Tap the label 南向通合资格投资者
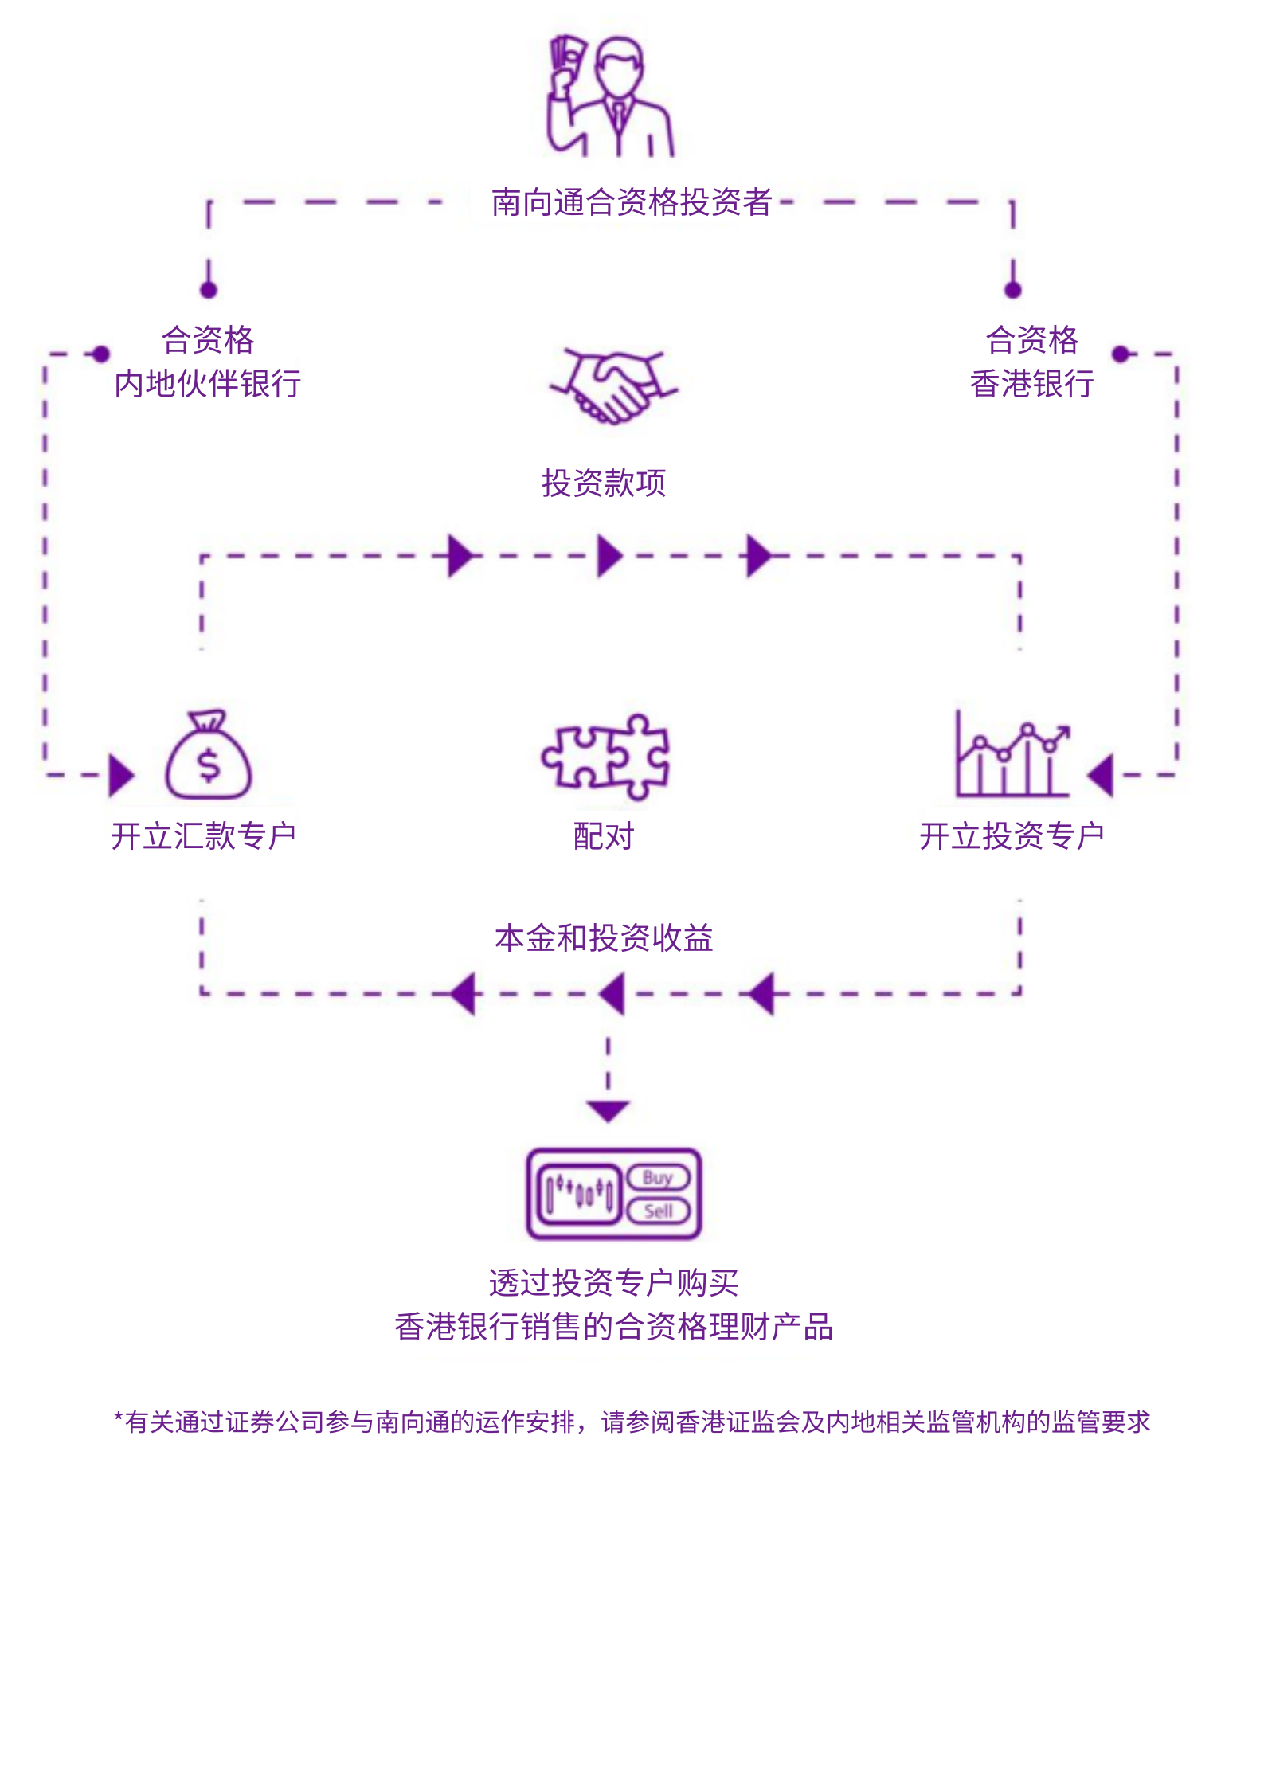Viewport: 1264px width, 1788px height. (x=631, y=202)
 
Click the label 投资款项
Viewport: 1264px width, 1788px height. (x=604, y=483)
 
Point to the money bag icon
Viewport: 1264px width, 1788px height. (x=209, y=755)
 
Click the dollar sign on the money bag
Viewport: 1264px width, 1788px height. (x=209, y=765)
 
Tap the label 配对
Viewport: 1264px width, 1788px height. (x=604, y=836)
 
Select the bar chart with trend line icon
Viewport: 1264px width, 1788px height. (x=1012, y=755)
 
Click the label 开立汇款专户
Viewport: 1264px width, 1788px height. (x=204, y=836)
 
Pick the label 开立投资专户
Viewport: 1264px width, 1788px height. (x=1012, y=836)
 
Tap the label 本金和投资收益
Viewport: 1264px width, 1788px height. (x=604, y=938)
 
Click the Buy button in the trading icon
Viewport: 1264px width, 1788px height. (x=658, y=1177)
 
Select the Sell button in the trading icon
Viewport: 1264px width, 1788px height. (x=658, y=1211)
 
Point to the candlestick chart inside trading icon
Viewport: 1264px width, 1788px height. (x=580, y=1194)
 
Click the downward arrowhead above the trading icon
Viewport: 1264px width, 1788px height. (x=609, y=1110)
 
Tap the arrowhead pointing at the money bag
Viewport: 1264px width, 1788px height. (x=121, y=775)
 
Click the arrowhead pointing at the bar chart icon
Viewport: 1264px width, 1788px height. (x=1102, y=775)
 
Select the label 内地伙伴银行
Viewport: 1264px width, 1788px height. (x=208, y=384)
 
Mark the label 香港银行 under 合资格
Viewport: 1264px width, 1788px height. (x=1032, y=384)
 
